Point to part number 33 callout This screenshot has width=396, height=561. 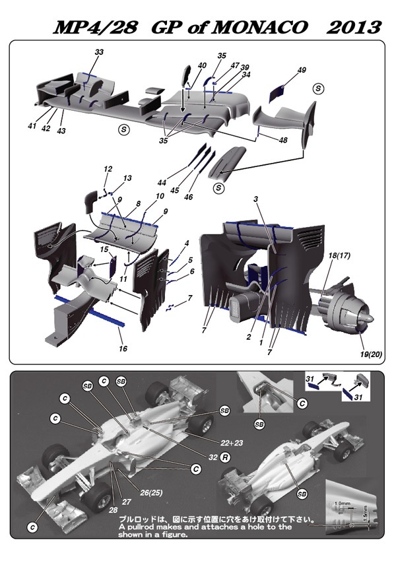99,52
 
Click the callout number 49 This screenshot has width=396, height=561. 302,70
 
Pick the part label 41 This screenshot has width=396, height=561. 31,125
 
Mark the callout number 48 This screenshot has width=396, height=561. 283,140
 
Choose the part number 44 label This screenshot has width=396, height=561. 162,181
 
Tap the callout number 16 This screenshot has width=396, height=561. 123,348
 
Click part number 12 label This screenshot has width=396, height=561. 107,170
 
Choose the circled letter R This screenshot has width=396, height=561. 225,456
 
